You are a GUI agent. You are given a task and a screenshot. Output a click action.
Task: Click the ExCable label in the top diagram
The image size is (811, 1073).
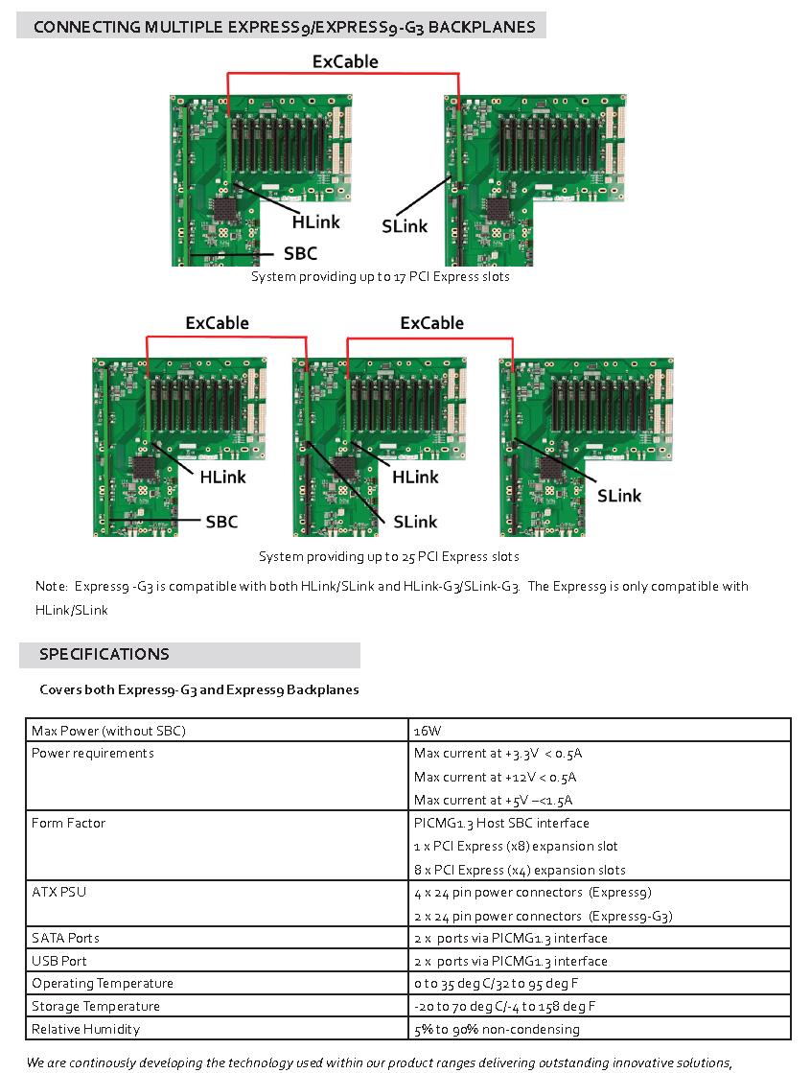click(x=345, y=62)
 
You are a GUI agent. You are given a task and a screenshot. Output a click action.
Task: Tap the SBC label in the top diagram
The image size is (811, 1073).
click(x=300, y=254)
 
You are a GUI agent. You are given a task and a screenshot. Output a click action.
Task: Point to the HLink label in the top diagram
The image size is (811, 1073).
click(x=316, y=222)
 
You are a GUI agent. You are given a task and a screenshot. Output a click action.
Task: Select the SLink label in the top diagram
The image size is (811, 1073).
click(x=405, y=226)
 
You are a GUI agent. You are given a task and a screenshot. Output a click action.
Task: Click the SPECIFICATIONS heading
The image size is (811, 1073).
click(x=104, y=655)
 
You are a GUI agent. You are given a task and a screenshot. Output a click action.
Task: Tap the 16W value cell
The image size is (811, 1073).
click(x=428, y=731)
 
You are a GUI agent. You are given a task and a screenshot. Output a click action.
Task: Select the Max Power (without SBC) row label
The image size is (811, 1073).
click(x=108, y=731)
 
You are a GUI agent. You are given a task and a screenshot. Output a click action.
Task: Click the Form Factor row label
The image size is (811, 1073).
click(x=68, y=823)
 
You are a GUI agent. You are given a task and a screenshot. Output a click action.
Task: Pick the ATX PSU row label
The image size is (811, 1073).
click(x=59, y=892)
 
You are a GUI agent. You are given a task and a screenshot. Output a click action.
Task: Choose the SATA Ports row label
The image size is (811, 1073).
click(x=65, y=938)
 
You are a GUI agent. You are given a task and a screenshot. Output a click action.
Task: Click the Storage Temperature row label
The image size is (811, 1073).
click(x=96, y=1006)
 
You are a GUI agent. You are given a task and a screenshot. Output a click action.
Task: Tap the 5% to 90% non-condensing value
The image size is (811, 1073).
click(x=497, y=1029)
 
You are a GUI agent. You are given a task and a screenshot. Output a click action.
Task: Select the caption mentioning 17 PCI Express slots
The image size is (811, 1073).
click(x=381, y=277)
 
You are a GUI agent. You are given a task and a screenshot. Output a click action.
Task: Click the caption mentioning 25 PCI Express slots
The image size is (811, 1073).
click(x=388, y=556)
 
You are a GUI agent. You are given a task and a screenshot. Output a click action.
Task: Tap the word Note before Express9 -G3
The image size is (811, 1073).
click(x=51, y=586)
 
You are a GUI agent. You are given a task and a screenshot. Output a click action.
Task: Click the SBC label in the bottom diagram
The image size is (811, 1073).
click(x=221, y=522)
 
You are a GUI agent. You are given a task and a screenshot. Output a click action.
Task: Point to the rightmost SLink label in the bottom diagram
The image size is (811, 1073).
click(x=619, y=496)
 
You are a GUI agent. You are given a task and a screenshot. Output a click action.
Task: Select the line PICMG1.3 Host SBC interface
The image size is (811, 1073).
click(x=501, y=823)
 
